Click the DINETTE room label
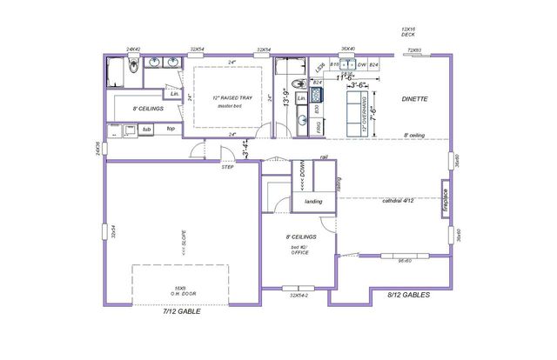tap(414, 99)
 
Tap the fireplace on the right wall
tap(444, 200)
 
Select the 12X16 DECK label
tap(409, 32)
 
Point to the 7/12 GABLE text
tap(182, 310)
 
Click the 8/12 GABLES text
tap(408, 294)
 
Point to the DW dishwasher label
tap(361, 65)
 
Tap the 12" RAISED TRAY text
tap(227, 97)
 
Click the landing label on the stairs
tap(313, 202)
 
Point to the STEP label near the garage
tap(227, 166)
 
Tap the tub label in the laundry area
tap(147, 129)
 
